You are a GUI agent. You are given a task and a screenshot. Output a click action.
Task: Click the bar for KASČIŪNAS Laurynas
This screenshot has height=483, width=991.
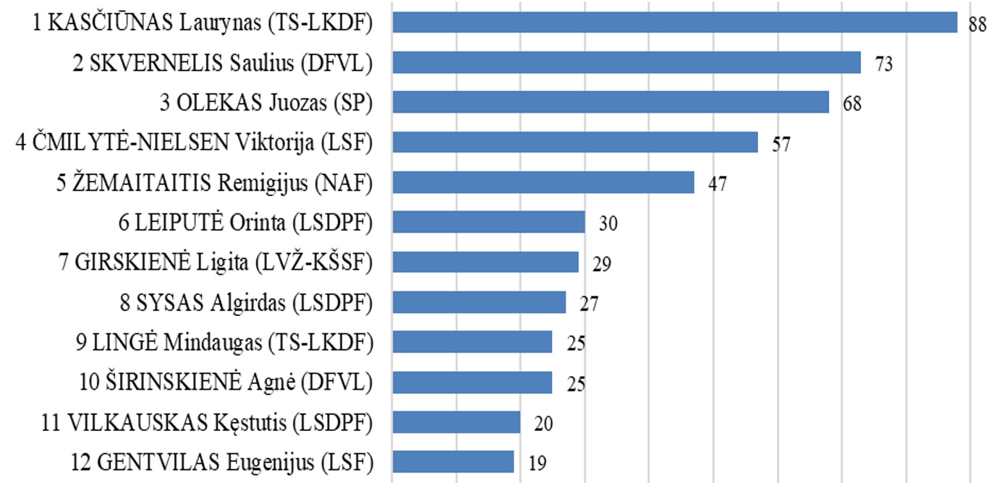pyautogui.click(x=674, y=22)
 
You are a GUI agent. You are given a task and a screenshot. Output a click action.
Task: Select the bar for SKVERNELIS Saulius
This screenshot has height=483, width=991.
pyautogui.click(x=626, y=63)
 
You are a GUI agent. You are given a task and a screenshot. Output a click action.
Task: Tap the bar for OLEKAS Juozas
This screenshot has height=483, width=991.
pyautogui.click(x=611, y=103)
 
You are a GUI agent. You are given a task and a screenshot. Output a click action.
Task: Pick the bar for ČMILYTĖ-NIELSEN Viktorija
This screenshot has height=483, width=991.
pyautogui.click(x=575, y=142)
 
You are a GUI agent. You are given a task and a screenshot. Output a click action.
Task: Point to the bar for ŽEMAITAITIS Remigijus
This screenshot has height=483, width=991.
pyautogui.click(x=543, y=182)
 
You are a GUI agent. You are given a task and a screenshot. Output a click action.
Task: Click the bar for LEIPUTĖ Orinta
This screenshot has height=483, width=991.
pyautogui.click(x=488, y=222)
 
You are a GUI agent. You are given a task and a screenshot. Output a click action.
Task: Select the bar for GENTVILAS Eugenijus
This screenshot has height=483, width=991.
pyautogui.click(x=453, y=461)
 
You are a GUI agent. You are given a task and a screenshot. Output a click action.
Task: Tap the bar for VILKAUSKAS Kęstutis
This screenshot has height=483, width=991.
pyautogui.click(x=456, y=422)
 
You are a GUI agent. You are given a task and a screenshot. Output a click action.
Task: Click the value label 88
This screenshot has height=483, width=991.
pyautogui.click(x=977, y=25)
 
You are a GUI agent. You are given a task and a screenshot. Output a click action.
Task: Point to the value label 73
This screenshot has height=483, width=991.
pyautogui.click(x=884, y=64)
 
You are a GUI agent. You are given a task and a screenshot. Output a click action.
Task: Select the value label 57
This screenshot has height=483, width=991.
pyautogui.click(x=781, y=144)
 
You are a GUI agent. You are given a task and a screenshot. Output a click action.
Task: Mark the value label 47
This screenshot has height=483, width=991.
pyautogui.click(x=717, y=184)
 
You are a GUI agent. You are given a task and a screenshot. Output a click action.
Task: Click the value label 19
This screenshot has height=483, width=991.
pyautogui.click(x=537, y=463)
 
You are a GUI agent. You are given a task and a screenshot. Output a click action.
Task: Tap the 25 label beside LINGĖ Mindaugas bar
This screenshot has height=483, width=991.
pyautogui.click(x=576, y=343)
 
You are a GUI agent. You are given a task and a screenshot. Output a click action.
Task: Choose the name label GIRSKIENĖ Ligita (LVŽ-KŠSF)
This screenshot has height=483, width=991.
pyautogui.click(x=224, y=262)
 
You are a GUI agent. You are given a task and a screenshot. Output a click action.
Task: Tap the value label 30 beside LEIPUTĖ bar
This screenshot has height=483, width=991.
pyautogui.click(x=608, y=223)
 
